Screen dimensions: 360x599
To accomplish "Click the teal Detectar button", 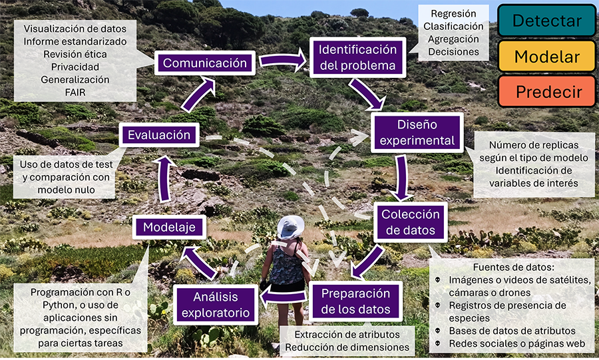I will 546,21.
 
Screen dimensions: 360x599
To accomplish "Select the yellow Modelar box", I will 546,56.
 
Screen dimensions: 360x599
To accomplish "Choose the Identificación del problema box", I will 357,58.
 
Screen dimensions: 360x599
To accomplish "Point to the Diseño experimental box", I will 417,132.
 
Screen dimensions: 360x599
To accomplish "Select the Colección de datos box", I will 410,222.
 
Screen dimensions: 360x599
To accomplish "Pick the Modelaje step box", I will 169,227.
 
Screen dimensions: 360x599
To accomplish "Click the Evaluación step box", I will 159,135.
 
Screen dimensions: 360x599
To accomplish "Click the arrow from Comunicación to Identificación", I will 283,62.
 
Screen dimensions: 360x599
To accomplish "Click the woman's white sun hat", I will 290,227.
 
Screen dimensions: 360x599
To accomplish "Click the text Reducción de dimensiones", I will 347,347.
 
